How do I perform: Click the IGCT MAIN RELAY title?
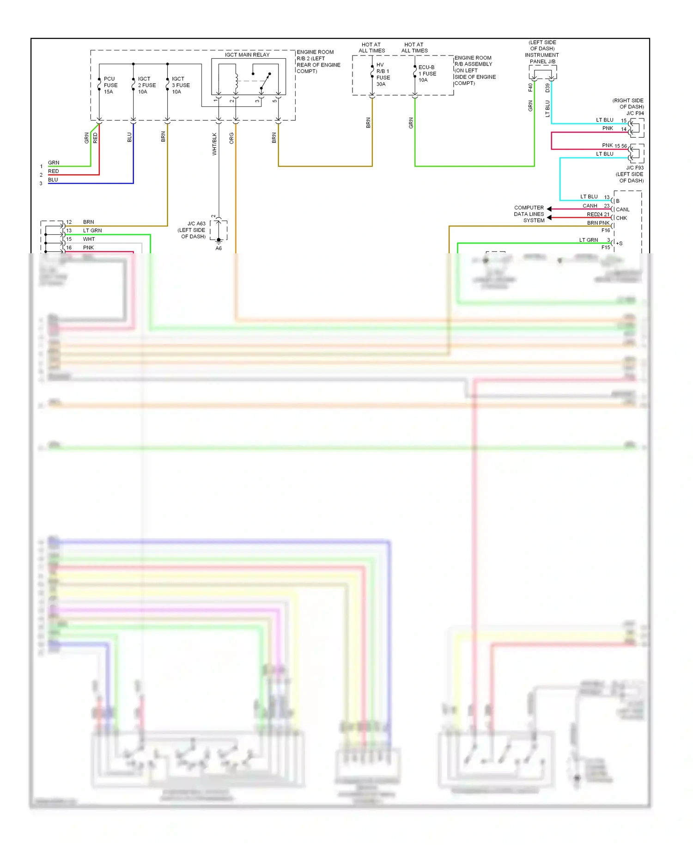pyautogui.click(x=247, y=55)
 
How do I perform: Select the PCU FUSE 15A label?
pyautogui.click(x=110, y=85)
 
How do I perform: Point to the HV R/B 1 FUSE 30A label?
pyautogui.click(x=383, y=74)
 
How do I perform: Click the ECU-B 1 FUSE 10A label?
pyautogui.click(x=427, y=73)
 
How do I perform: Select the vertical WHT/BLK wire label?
pyautogui.click(x=214, y=144)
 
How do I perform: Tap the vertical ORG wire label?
pyautogui.click(x=231, y=138)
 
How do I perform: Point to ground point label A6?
pyautogui.click(x=219, y=248)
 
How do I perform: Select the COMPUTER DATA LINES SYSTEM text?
pyautogui.click(x=529, y=214)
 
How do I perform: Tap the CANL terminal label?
pyautogui.click(x=622, y=209)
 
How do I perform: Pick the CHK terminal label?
pyautogui.click(x=621, y=218)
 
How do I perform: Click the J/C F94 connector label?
pyautogui.click(x=635, y=113)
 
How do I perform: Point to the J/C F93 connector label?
pyautogui.click(x=634, y=168)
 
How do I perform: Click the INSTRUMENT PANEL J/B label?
pyautogui.click(x=542, y=58)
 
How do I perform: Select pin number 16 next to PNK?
pyautogui.click(x=69, y=247)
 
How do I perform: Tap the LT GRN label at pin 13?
pyautogui.click(x=92, y=230)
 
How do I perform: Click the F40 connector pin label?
pyautogui.click(x=530, y=87)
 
